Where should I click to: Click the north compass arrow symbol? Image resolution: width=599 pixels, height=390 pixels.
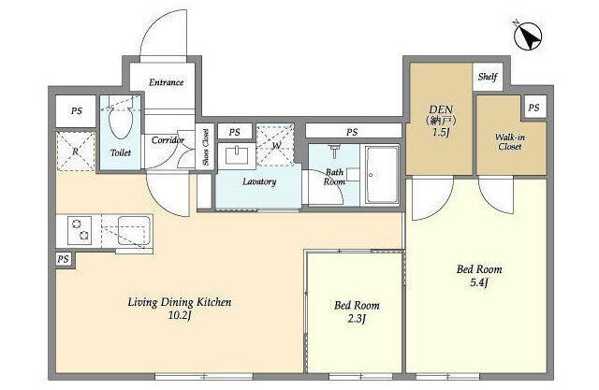click(x=528, y=36)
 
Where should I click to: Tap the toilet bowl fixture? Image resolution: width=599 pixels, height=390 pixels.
click(x=120, y=121)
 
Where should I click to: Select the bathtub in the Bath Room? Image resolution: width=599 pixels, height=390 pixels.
click(x=381, y=174)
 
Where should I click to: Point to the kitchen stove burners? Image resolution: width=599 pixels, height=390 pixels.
click(x=80, y=230)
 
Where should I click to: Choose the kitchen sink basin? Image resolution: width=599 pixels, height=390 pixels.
click(x=134, y=230)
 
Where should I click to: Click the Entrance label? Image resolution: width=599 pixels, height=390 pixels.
click(x=167, y=82)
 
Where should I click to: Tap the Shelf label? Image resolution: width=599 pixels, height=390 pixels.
click(x=488, y=77)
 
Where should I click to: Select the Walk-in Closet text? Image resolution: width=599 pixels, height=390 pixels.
click(x=509, y=141)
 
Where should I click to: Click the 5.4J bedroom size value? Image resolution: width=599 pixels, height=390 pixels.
click(x=479, y=283)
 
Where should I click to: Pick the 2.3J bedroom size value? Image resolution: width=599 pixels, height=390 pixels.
click(x=357, y=319)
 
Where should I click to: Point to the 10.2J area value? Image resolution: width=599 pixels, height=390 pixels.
click(x=179, y=315)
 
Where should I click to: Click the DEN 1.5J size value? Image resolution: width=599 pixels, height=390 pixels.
click(x=441, y=133)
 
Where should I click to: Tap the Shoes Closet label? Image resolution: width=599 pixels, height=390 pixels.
click(x=206, y=147)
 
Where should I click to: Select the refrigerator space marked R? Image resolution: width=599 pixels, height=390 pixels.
click(x=76, y=152)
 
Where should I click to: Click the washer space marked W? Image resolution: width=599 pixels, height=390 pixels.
click(x=275, y=145)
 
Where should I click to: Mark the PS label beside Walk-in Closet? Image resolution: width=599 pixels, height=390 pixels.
click(x=533, y=108)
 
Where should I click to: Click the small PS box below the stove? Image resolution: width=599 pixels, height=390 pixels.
click(x=64, y=259)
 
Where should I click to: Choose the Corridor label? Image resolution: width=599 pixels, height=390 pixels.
click(x=168, y=140)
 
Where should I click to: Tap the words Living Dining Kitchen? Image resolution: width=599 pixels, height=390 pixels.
click(x=179, y=302)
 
